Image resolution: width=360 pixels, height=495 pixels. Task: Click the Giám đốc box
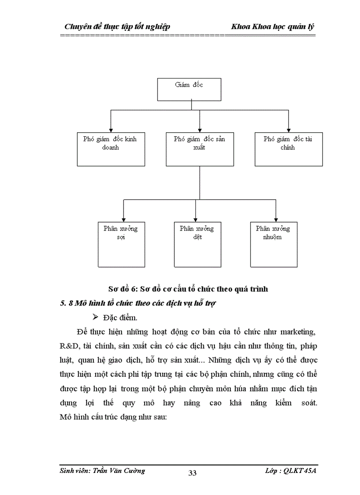pyautogui.click(x=189, y=89)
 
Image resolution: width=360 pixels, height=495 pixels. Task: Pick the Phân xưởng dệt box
pyautogui.click(x=197, y=245)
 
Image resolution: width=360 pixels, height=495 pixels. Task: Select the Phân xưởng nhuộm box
pyautogui.click(x=273, y=245)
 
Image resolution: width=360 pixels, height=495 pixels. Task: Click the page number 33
pyautogui.click(x=192, y=473)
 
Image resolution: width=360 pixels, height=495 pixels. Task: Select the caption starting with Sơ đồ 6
pyautogui.click(x=188, y=289)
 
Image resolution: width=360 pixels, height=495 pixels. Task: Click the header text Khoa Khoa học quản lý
pyautogui.click(x=273, y=27)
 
